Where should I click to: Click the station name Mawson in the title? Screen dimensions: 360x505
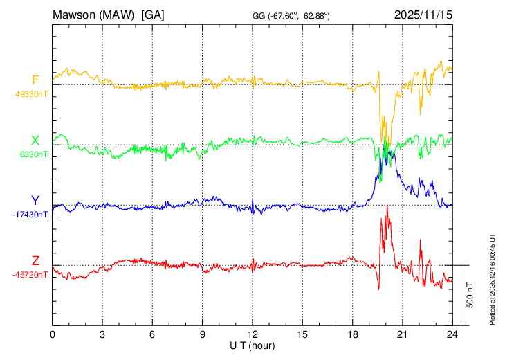pyautogui.click(x=75, y=14)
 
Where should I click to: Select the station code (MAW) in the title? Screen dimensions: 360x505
pyautogui.click(x=120, y=14)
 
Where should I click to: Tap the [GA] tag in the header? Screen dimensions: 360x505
pyautogui.click(x=152, y=14)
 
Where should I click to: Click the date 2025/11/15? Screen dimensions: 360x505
pyautogui.click(x=423, y=14)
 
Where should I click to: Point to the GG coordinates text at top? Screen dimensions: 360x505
pyautogui.click(x=290, y=15)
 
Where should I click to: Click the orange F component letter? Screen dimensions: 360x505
pyautogui.click(x=35, y=80)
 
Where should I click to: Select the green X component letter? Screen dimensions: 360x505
pyautogui.click(x=35, y=141)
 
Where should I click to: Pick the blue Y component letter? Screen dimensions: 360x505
pyautogui.click(x=35, y=201)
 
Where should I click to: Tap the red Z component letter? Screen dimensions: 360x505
pyautogui.click(x=35, y=261)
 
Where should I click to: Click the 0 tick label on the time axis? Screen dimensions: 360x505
pyautogui.click(x=53, y=334)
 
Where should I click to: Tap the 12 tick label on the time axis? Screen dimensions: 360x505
pyautogui.click(x=252, y=334)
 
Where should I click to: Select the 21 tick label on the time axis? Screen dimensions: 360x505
pyautogui.click(x=402, y=334)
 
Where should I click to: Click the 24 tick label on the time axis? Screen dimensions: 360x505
pyautogui.click(x=452, y=334)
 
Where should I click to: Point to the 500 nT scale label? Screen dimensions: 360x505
pyautogui.click(x=471, y=295)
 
